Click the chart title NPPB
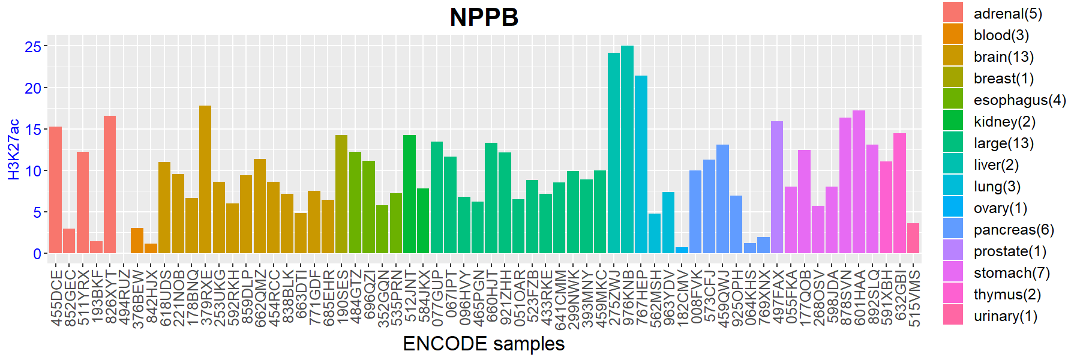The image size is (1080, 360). [484, 17]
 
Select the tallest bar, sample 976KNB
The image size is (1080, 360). [627, 150]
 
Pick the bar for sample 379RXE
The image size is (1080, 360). [205, 180]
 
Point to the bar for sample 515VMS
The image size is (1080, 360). [913, 238]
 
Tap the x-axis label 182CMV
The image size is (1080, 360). [682, 298]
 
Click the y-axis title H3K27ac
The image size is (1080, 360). [14, 149]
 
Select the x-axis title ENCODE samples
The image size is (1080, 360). [484, 344]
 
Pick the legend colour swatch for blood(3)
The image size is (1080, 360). [953, 34]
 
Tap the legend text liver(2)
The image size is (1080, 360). [996, 165]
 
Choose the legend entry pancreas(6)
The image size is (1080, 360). [1013, 230]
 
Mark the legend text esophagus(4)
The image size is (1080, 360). [1019, 100]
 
